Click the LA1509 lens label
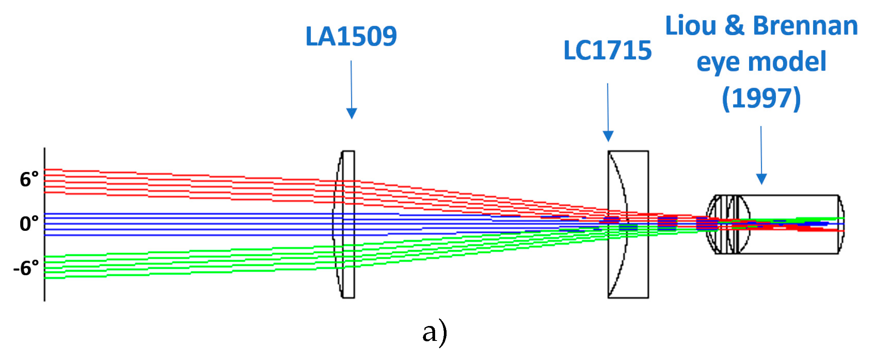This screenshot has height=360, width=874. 351,37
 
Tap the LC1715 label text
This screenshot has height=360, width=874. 607,51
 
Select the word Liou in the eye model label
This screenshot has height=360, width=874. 691,26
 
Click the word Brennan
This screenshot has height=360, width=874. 805,26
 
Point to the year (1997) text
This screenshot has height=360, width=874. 761,99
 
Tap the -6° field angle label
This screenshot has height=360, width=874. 26,268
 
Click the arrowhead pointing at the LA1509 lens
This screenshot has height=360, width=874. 351,114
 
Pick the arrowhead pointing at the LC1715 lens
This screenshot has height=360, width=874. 608,136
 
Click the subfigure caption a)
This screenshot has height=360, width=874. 435,332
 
